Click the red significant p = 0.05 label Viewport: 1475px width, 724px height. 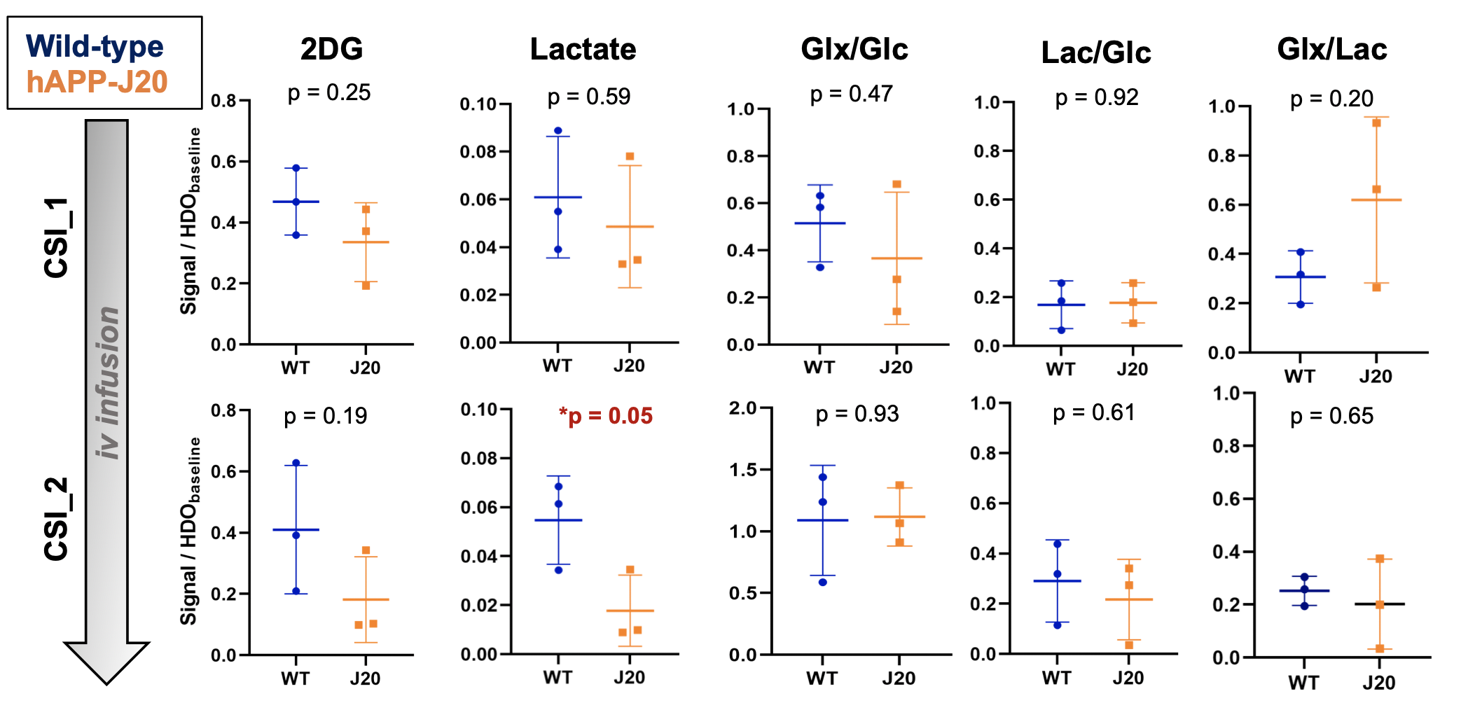(x=606, y=416)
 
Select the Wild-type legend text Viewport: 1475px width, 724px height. (x=95, y=47)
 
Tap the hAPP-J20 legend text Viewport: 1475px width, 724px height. (x=97, y=82)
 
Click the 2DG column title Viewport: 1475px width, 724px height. (x=331, y=49)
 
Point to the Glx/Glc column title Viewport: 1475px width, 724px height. (x=854, y=49)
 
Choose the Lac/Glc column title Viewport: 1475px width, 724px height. (x=1095, y=53)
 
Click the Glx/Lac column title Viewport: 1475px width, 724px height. (x=1331, y=49)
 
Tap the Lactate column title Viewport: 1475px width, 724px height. (x=583, y=49)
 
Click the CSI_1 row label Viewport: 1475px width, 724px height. (x=56, y=238)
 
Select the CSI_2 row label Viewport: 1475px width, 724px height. (x=56, y=519)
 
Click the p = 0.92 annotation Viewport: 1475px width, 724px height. (x=1097, y=97)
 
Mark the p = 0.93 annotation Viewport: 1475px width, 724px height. (x=857, y=414)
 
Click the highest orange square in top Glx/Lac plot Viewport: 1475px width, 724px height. (x=1376, y=123)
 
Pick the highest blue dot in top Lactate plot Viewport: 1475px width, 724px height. (x=558, y=131)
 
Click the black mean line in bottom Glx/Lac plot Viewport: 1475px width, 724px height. (x=1379, y=604)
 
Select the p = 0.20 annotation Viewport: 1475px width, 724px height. (x=1331, y=99)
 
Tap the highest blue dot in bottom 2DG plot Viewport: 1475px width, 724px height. (x=296, y=463)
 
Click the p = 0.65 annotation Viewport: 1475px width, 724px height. (x=1331, y=416)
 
